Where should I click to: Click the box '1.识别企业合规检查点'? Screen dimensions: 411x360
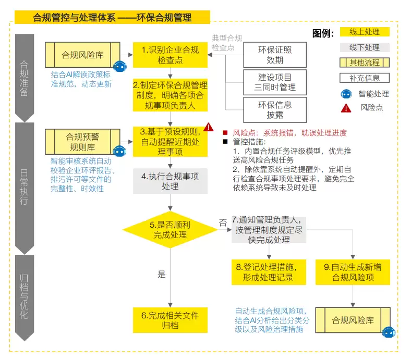pos(170,55)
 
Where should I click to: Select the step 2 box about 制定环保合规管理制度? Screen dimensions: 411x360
pos(170,95)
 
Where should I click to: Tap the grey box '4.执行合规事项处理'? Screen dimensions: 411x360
pos(170,181)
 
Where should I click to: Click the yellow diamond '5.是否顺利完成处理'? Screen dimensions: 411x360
pos(170,230)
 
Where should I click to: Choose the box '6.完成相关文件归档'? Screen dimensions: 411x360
pos(170,320)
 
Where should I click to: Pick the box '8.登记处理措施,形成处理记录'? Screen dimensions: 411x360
pos(269,272)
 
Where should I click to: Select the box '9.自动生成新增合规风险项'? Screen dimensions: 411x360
pos(353,272)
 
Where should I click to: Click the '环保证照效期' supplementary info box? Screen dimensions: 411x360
pos(275,55)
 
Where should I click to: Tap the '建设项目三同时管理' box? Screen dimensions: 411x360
pos(275,82)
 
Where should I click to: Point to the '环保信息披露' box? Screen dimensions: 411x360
pos(275,110)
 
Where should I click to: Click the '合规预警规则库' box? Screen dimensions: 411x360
pos(82,142)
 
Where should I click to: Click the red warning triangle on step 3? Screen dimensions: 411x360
pos(209,127)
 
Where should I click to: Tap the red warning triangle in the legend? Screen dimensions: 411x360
pos(346,108)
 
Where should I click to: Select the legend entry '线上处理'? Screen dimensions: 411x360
pos(365,32)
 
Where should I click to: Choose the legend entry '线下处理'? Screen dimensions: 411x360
pos(365,47)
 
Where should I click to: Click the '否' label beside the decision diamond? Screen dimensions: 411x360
pos(223,223)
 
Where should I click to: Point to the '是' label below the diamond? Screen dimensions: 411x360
pos(162,275)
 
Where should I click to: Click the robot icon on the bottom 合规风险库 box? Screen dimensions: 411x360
pos(389,332)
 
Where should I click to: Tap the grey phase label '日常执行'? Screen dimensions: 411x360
pos(24,187)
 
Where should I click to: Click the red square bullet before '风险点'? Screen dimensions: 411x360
pos(225,132)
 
